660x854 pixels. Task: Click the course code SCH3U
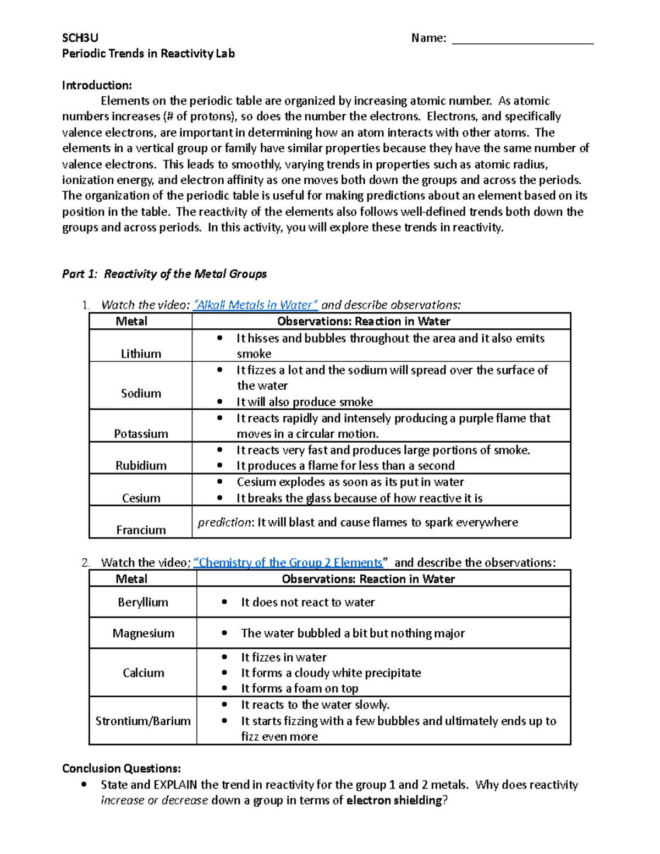click(x=80, y=37)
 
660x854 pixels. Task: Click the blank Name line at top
click(x=522, y=38)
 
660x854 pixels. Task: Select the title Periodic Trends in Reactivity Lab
click(x=148, y=53)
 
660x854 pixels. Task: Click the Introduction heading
click(x=97, y=85)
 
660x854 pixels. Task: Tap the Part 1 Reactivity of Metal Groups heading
click(x=164, y=274)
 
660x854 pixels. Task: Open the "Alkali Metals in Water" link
click(x=256, y=305)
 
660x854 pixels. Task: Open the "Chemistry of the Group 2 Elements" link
click(x=290, y=563)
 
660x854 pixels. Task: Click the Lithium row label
click(x=141, y=354)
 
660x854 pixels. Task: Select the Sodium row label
click(x=141, y=393)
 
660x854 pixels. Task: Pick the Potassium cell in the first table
click(x=141, y=433)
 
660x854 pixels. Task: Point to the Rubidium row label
click(x=141, y=465)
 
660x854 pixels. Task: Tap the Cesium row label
click(x=141, y=498)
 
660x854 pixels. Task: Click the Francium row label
click(x=141, y=530)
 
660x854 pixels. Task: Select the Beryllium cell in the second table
click(x=143, y=602)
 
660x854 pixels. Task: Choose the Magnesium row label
click(x=143, y=633)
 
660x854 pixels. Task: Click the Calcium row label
click(x=143, y=673)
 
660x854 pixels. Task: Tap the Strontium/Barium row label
click(x=143, y=721)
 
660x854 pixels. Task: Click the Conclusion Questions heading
click(x=122, y=768)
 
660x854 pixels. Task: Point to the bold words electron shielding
click(x=394, y=800)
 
